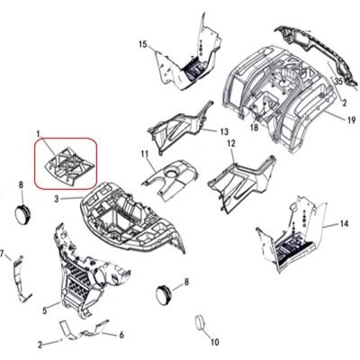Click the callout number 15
(x=143, y=44)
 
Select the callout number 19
(x=351, y=121)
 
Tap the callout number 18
(x=254, y=128)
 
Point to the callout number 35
(x=338, y=81)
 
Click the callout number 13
(x=224, y=131)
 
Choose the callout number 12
(x=231, y=143)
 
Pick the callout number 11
(x=145, y=155)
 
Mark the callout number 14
(x=344, y=223)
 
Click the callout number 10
(x=215, y=342)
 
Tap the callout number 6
(x=121, y=335)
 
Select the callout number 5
(x=45, y=310)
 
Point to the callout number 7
(x=2, y=254)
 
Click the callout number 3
(x=57, y=199)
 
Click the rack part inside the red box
(x=69, y=166)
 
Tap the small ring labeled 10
(x=200, y=323)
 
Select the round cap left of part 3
(x=22, y=214)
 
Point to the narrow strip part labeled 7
(x=21, y=279)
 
